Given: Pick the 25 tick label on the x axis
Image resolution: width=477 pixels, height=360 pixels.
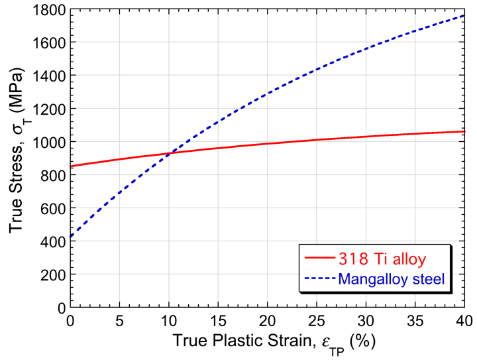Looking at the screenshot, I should (316, 320).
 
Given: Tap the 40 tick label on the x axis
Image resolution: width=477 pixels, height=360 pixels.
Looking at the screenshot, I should (463, 320).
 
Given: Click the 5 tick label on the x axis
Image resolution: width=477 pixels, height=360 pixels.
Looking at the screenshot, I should (119, 320).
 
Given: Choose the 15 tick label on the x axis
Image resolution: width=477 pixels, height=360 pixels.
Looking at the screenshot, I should (218, 320).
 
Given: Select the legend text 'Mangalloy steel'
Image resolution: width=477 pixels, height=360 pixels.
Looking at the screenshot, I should (391, 278).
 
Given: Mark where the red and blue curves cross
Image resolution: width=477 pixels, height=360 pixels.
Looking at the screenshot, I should (170, 153).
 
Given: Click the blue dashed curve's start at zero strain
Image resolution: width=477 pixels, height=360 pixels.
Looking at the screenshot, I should (70, 237).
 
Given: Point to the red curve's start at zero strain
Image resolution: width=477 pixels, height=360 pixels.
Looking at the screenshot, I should (70, 166).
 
